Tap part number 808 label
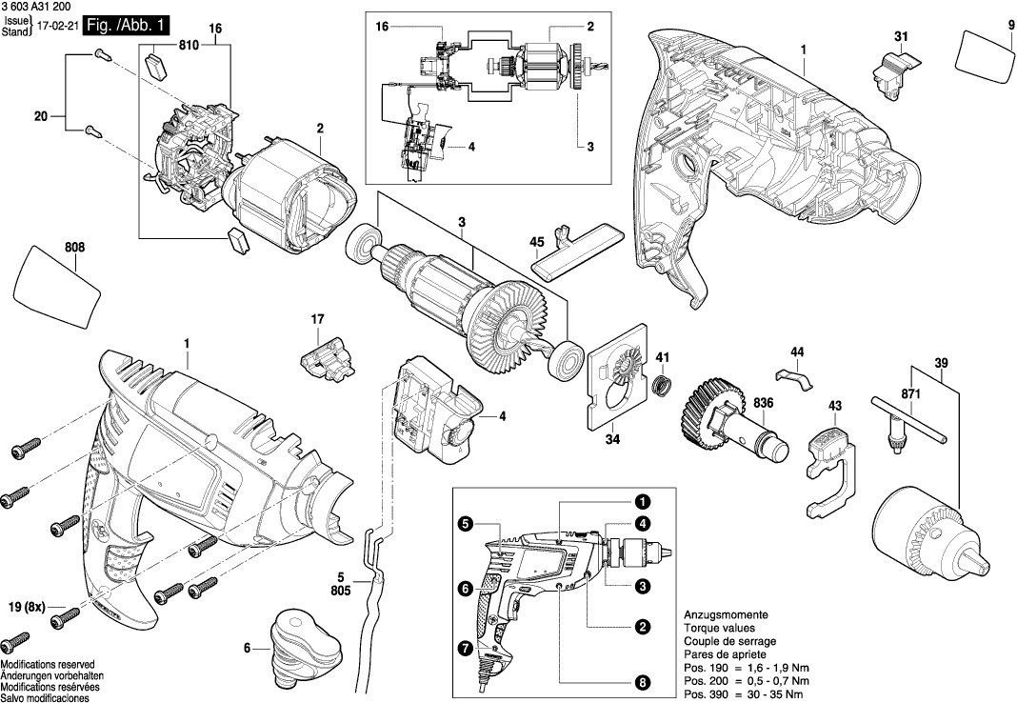tap(75, 248)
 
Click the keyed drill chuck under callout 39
tap(925, 526)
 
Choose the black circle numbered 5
tap(465, 523)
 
